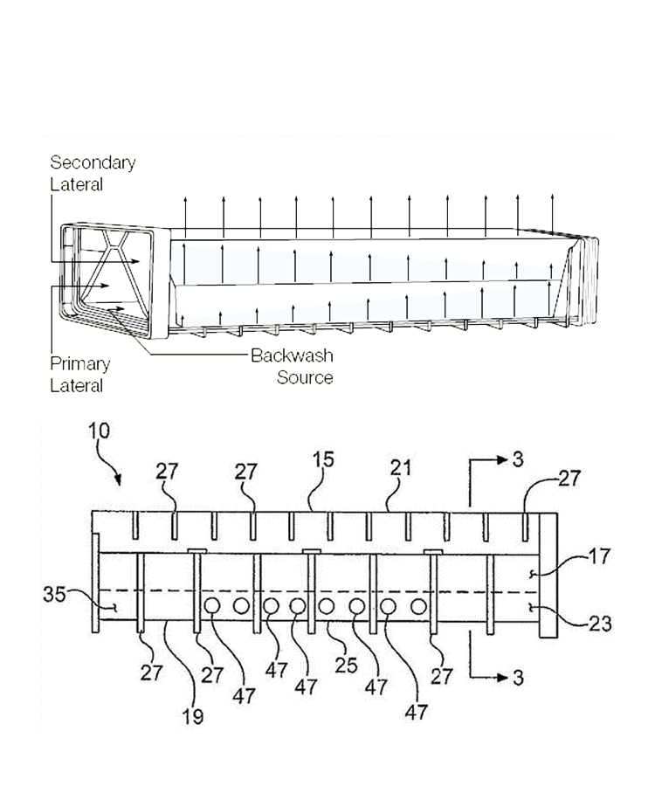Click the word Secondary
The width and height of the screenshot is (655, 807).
point(93,162)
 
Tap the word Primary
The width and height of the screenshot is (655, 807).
point(79,364)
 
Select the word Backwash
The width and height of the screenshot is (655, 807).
point(292,355)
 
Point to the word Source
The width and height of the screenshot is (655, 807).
point(305,377)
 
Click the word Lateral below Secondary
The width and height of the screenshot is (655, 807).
point(76,184)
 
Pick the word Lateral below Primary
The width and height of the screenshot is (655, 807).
point(76,386)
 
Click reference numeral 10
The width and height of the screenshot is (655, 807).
point(100,431)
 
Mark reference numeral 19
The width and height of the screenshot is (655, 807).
point(193,717)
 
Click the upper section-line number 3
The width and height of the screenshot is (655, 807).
point(518,460)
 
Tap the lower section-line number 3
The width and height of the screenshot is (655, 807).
point(518,678)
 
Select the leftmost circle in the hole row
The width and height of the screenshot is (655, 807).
point(212,606)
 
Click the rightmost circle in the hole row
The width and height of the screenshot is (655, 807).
point(419,606)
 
